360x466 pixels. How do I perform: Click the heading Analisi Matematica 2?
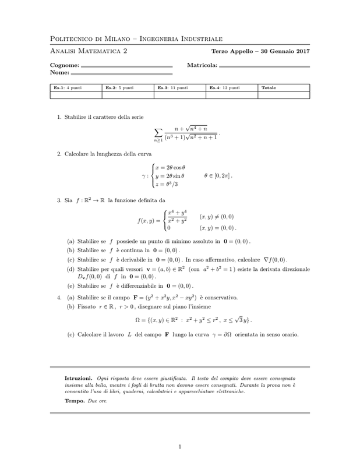(89, 52)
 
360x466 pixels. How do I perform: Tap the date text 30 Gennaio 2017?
(284, 52)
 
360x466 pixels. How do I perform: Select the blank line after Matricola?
(264, 68)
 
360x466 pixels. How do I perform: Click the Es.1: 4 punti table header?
(68, 88)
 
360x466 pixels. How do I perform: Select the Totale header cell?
(269, 88)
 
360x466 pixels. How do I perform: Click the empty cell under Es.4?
(232, 95)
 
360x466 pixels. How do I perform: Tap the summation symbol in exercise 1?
(158, 132)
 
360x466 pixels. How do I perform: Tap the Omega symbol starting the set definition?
(138, 320)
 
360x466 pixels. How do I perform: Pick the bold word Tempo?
(74, 401)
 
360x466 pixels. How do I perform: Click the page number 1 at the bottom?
(180, 446)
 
